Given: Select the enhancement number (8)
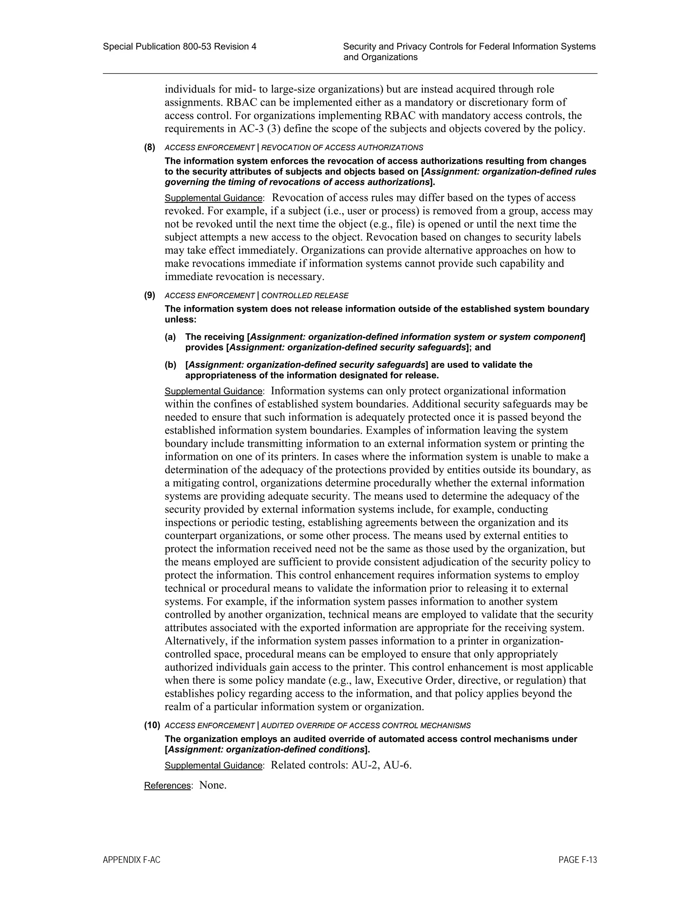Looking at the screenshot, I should coord(150,147).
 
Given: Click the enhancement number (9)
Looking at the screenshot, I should coord(150,295).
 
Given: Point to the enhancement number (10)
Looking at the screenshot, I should coord(152,725).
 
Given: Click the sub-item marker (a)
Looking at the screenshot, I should coord(170,337).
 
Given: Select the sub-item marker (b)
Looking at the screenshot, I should coord(170,365).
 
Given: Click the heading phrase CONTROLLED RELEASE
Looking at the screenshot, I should coord(305,296).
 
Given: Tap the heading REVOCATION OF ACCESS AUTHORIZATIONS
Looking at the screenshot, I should coord(342,148).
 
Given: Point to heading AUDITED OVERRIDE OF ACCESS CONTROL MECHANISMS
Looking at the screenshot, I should coord(366,725).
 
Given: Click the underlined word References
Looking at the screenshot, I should coord(167,786).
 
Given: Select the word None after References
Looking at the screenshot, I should coord(212,785).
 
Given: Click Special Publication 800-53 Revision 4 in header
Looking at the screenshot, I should coord(179,46).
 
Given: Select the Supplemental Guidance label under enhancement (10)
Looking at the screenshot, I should coord(214,765).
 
